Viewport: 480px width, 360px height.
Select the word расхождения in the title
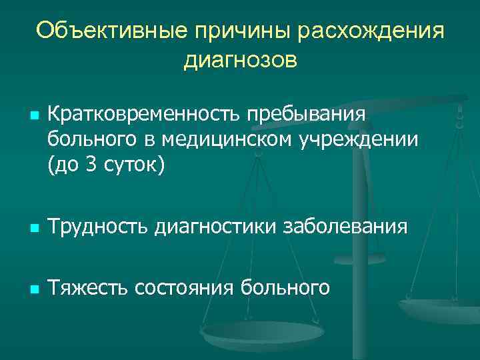coord(371,31)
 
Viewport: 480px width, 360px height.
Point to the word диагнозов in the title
coord(239,61)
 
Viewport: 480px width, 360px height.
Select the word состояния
coord(187,288)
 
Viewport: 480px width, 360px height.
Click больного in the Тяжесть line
coord(289,288)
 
